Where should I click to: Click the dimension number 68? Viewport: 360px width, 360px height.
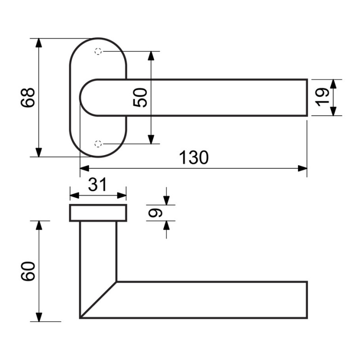click(x=28, y=98)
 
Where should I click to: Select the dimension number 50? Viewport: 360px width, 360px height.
click(x=140, y=98)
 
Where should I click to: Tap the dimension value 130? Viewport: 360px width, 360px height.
click(x=193, y=157)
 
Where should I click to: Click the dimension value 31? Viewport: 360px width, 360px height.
click(x=98, y=184)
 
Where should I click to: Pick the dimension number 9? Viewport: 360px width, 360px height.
click(x=155, y=213)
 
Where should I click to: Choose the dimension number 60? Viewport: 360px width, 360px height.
click(x=28, y=271)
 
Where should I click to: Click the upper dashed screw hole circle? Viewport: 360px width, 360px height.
click(x=98, y=51)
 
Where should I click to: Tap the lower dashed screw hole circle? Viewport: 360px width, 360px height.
click(x=98, y=144)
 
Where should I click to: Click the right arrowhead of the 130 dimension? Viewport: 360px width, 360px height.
click(x=302, y=168)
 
